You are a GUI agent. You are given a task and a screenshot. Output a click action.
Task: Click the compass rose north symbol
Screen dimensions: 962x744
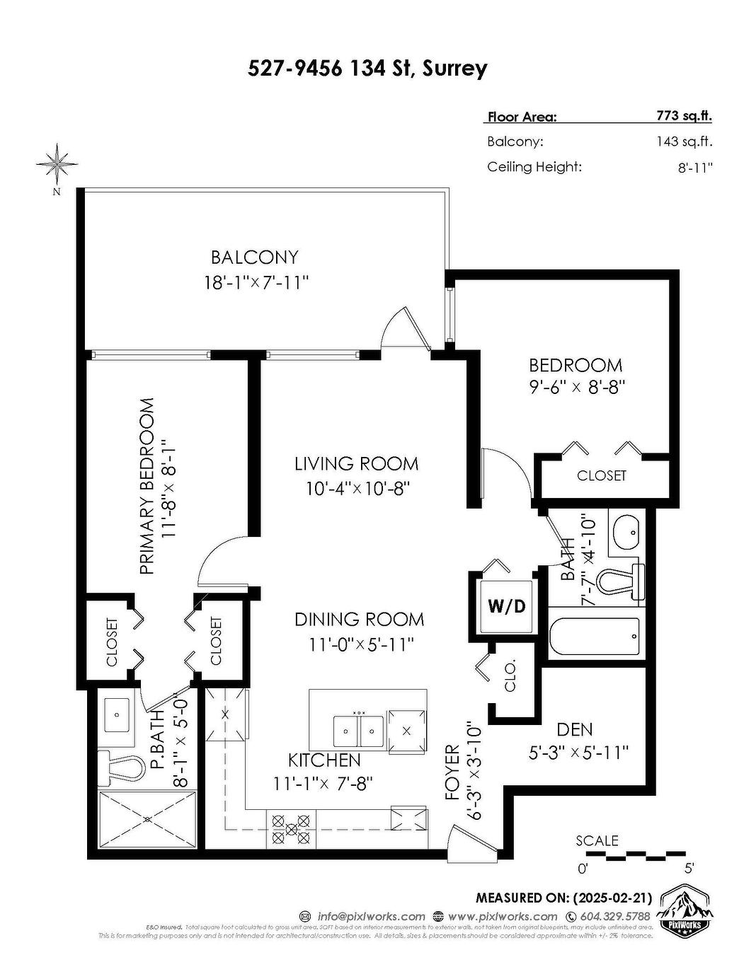(56, 165)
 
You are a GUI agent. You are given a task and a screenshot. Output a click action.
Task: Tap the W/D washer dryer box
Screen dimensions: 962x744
(507, 605)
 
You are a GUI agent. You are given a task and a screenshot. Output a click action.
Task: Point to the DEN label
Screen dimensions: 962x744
(574, 729)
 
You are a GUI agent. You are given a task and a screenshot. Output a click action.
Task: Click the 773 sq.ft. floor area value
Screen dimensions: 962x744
(684, 116)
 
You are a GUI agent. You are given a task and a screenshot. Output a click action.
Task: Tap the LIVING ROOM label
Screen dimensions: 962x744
(356, 463)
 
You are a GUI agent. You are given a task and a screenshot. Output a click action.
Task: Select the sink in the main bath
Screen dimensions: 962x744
(626, 531)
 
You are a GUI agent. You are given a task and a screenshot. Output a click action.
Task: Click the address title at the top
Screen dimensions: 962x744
(367, 68)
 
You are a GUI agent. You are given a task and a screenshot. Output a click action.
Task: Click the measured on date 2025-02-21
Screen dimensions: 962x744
(610, 898)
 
